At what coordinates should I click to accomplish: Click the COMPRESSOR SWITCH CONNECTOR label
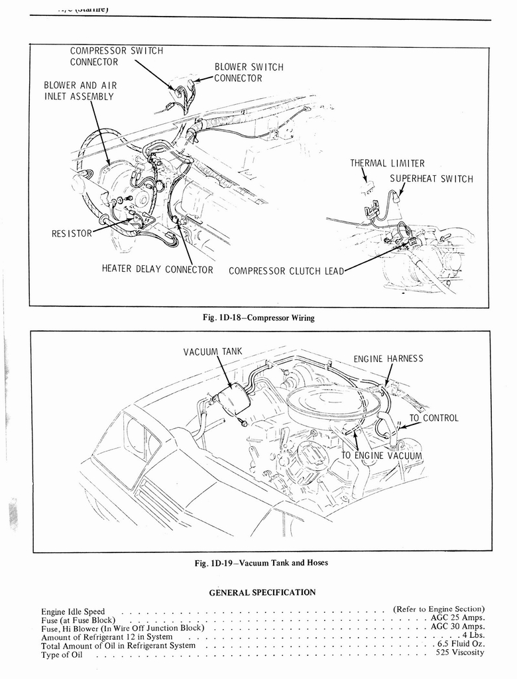(116, 56)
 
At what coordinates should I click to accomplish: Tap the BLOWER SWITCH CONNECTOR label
(249, 72)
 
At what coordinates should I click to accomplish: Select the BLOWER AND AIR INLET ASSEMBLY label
(80, 91)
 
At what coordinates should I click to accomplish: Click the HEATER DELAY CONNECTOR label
(157, 269)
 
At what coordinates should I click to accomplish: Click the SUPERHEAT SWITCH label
(431, 179)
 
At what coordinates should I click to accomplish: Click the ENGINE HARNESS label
(388, 359)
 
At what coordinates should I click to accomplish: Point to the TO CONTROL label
(433, 418)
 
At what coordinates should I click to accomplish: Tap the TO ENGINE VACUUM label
(381, 456)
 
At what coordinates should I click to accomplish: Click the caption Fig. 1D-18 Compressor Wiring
(258, 318)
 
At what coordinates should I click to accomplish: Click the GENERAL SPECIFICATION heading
(262, 592)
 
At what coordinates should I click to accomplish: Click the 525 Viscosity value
(460, 652)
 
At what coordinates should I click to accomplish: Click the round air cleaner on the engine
(335, 402)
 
